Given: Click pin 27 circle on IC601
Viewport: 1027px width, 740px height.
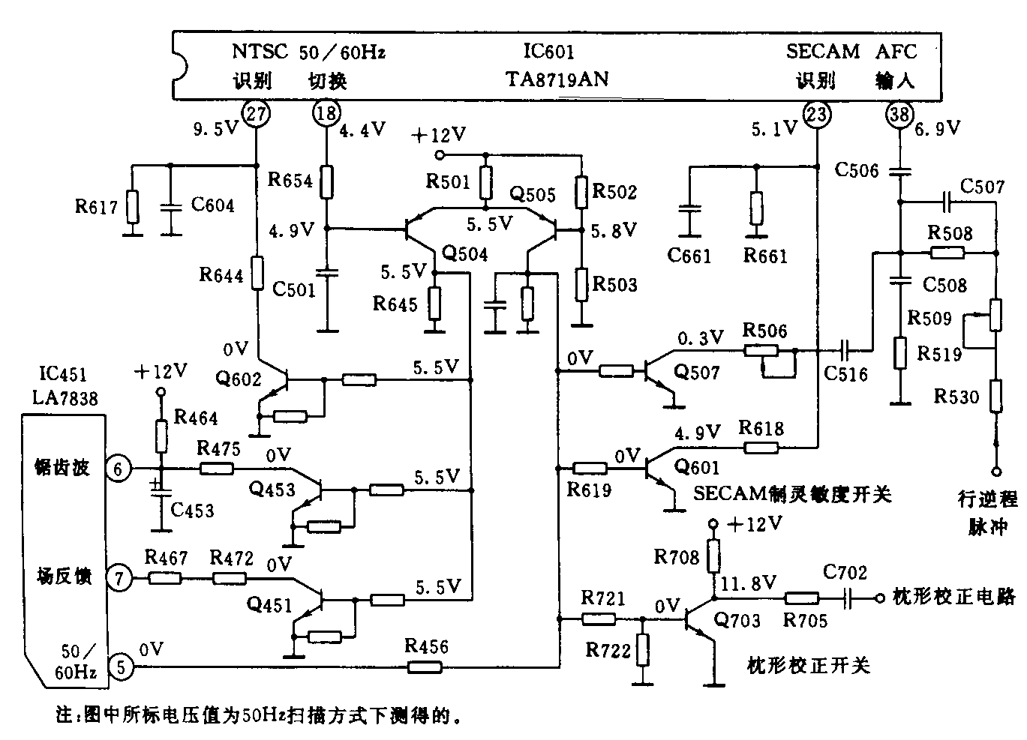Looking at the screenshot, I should pos(256,115).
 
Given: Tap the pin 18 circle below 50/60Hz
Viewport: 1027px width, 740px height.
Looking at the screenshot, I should pos(326,115).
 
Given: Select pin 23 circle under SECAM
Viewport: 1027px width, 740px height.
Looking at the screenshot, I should pos(816,115).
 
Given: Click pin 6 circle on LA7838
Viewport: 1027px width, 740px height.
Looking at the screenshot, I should pos(119,469).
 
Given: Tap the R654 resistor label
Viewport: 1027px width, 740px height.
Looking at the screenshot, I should pos(290,180).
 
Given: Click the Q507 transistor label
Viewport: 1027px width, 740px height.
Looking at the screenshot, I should pos(697,373).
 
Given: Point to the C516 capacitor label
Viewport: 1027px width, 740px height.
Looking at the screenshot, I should pos(845,373).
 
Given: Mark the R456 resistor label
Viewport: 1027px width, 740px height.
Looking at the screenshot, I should pos(426,646).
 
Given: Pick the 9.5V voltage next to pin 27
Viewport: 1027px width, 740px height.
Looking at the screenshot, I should pos(215,130).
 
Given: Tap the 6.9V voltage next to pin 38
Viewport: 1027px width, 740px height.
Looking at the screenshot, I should pos(938,129).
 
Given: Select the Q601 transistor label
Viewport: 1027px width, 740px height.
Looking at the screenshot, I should pos(697,467).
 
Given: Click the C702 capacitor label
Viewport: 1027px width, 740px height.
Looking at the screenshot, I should pos(845,574).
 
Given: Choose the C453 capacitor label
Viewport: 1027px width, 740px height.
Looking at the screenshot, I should pos(192,511).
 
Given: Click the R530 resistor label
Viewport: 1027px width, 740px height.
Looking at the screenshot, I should pos(956,397).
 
